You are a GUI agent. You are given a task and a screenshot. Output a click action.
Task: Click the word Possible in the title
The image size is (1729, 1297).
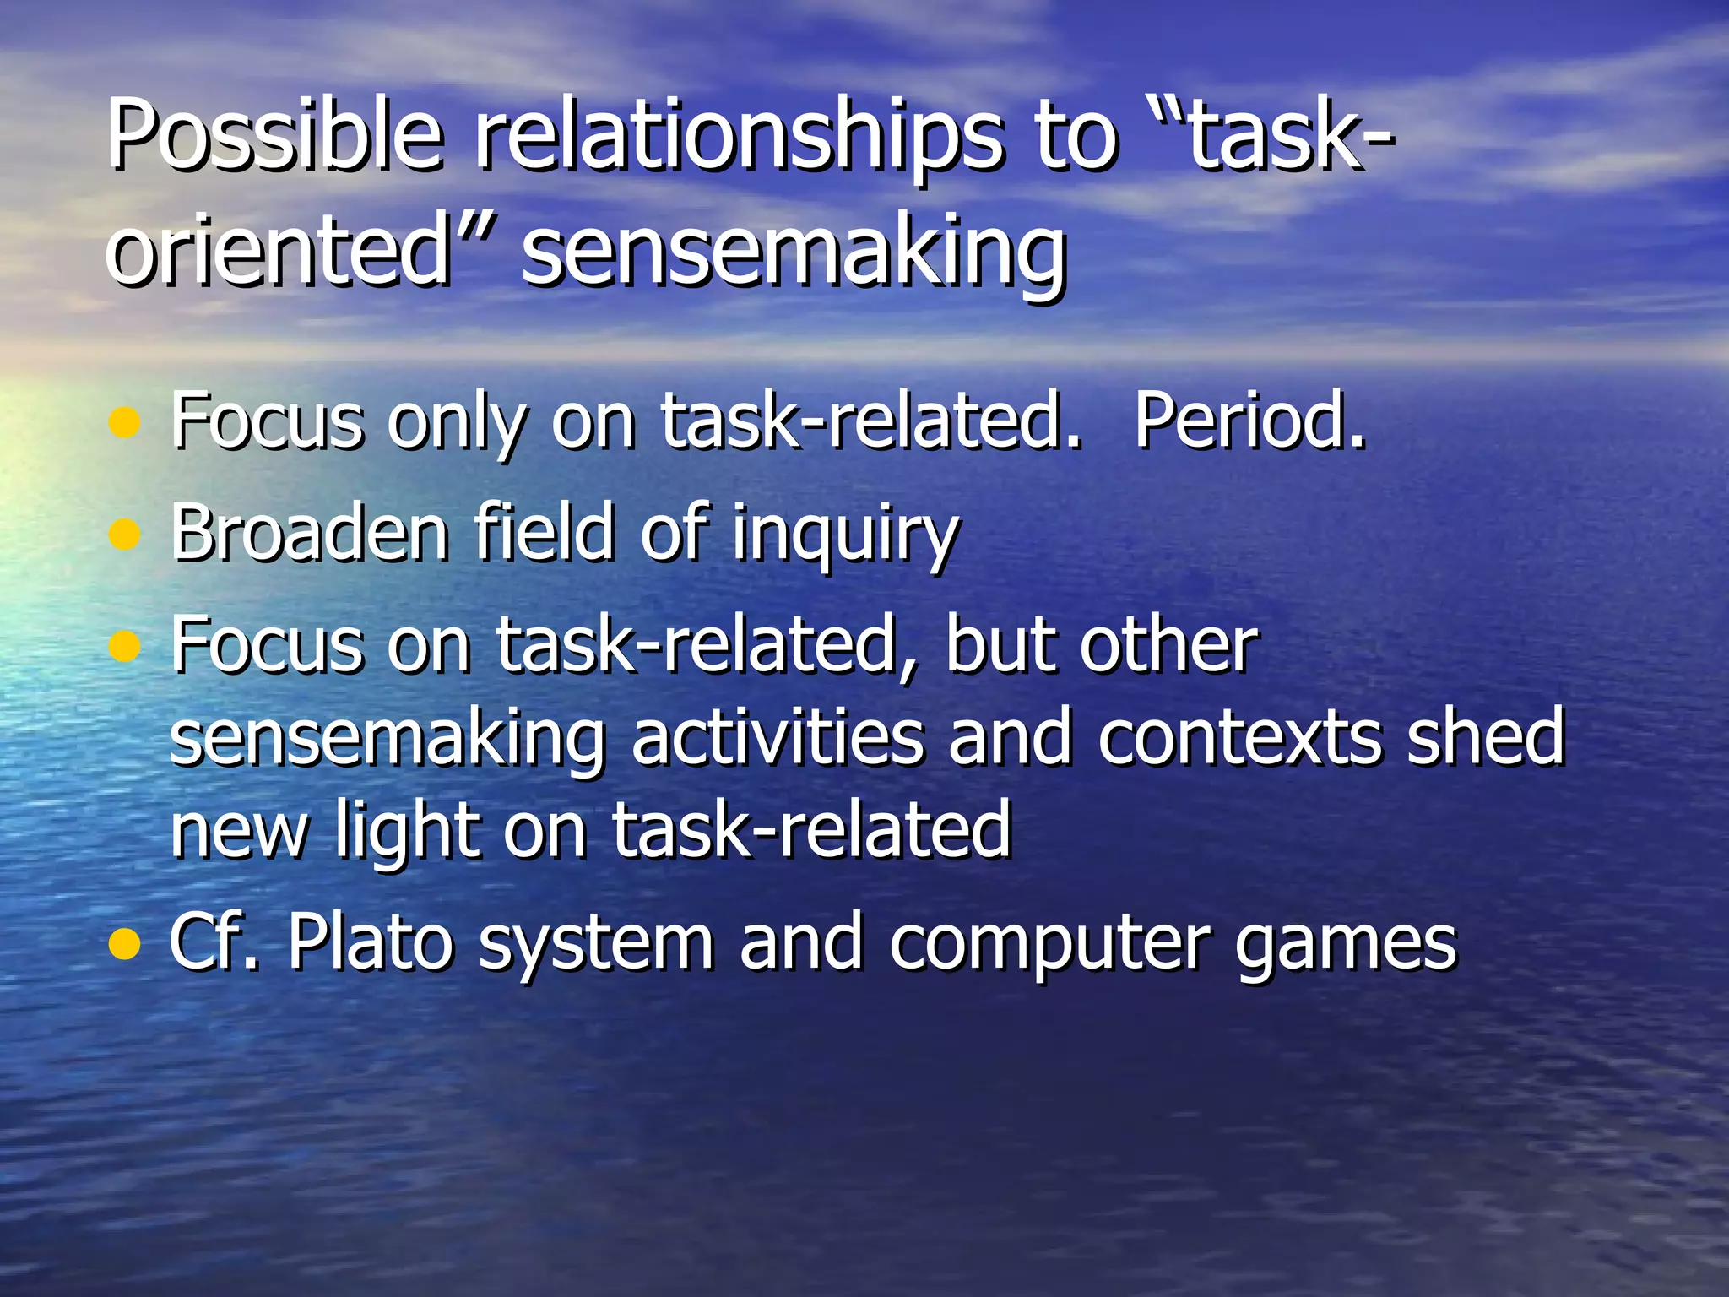point(274,135)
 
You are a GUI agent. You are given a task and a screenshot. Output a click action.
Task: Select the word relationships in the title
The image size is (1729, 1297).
point(739,135)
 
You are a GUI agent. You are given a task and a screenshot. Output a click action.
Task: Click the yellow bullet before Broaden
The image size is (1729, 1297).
point(124,534)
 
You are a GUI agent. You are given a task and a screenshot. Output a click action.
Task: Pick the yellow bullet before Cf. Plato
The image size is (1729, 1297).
point(124,944)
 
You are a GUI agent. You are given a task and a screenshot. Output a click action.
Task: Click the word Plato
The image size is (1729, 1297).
point(371,942)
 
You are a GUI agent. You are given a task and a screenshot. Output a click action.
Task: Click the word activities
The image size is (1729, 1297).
point(778,738)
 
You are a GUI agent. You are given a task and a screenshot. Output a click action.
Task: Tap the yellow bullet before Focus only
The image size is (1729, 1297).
point(124,421)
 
